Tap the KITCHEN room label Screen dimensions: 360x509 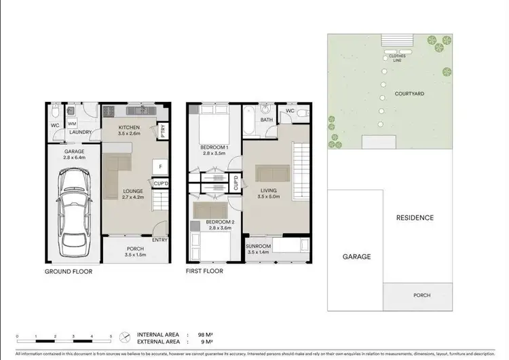[x=129, y=128]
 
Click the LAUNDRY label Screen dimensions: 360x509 [x=81, y=132]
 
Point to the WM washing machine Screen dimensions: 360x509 [x=72, y=123]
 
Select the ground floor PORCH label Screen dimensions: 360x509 [x=135, y=249]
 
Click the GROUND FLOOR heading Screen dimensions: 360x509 [x=69, y=271]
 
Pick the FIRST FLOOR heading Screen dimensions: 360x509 [x=204, y=271]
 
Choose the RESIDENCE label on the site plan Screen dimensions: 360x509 [x=415, y=218]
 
